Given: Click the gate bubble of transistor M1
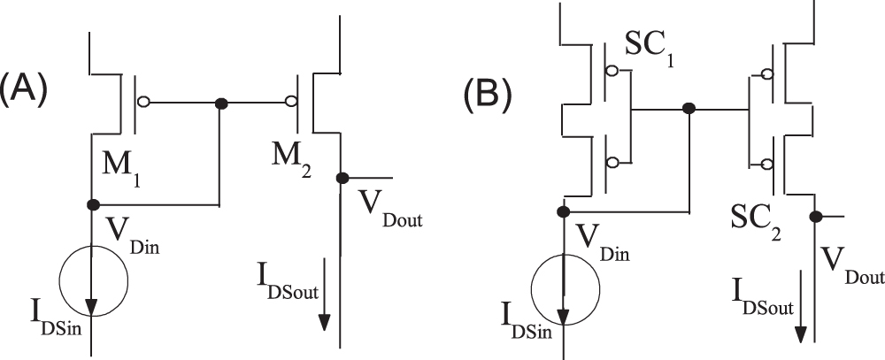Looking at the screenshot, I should click(x=144, y=103).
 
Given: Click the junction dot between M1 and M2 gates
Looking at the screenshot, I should click(x=220, y=103).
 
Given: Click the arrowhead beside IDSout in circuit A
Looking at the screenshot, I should click(x=326, y=319).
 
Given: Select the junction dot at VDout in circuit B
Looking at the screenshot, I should click(x=813, y=216).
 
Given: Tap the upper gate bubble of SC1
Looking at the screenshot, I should click(x=611, y=70).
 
